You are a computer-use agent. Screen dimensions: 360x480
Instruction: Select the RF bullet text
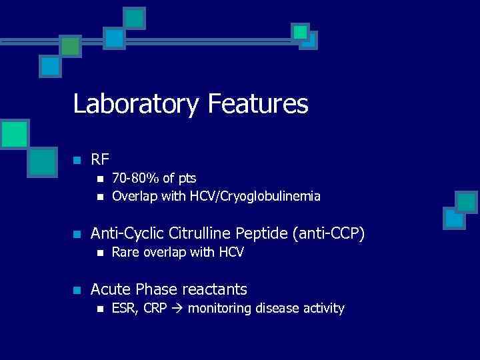(x=100, y=159)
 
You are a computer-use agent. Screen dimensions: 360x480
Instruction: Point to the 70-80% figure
(x=133, y=179)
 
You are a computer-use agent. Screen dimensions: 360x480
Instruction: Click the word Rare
(x=125, y=253)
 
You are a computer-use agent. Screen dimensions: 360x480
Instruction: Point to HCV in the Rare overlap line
(x=231, y=253)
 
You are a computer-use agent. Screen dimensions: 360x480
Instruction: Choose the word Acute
(x=111, y=289)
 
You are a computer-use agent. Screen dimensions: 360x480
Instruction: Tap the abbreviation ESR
(x=123, y=308)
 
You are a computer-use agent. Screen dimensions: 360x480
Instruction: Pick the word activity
(x=323, y=309)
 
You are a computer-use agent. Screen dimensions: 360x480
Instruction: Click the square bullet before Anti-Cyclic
(x=77, y=235)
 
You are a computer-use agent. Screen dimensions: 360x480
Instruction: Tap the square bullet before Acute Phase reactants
(x=77, y=291)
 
